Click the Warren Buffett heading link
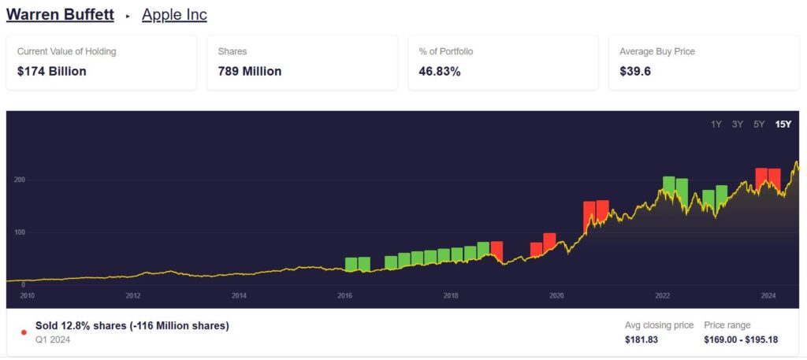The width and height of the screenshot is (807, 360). coord(60,15)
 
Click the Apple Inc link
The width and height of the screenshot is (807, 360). coord(174,15)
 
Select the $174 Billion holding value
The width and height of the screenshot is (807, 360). coord(52,71)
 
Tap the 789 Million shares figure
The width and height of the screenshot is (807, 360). coord(250,71)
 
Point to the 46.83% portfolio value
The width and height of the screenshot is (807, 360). coord(440,71)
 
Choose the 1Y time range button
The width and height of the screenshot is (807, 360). coord(716,124)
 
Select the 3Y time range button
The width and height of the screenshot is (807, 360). coord(738,124)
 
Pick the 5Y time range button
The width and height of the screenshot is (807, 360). coord(759,124)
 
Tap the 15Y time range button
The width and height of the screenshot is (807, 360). coord(783,124)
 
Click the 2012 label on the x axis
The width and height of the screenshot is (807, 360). coord(133,296)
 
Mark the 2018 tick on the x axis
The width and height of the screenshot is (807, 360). coord(451,296)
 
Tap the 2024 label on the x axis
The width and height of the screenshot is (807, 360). coord(768,296)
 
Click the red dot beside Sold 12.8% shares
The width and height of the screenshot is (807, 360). coord(24,332)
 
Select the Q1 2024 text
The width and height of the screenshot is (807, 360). coord(52,340)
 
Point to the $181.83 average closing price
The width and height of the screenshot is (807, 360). coord(641,340)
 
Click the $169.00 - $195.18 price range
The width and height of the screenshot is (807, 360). coord(741,340)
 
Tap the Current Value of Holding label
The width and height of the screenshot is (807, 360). coord(66,51)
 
